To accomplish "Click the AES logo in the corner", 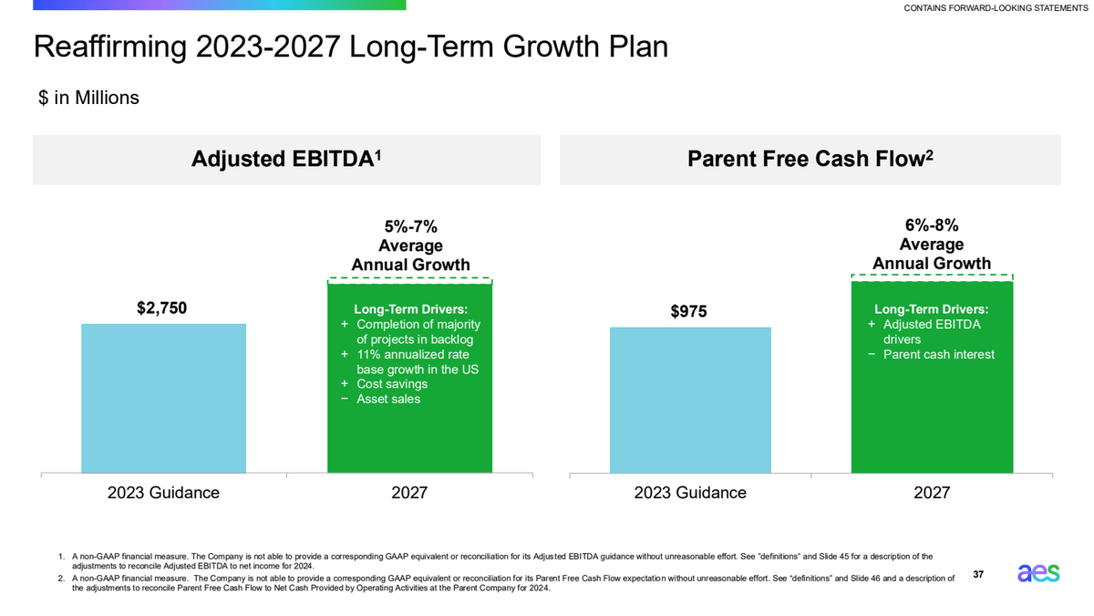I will (x=1038, y=573).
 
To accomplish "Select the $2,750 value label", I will (x=162, y=308).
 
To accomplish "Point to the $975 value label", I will (x=689, y=312).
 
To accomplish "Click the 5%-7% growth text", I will (x=410, y=226).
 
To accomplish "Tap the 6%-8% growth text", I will (x=931, y=225).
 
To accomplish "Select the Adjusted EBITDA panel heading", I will (x=286, y=159).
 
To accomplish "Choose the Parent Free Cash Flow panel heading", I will (x=810, y=159).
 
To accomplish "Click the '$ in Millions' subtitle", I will (x=88, y=97).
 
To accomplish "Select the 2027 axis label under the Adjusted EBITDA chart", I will (x=409, y=493).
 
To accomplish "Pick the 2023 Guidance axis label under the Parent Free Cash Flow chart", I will (x=689, y=493).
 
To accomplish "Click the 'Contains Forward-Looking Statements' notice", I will (x=996, y=9).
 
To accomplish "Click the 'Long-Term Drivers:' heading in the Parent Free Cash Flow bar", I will (x=931, y=309).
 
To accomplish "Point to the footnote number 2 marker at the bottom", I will (x=60, y=578).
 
